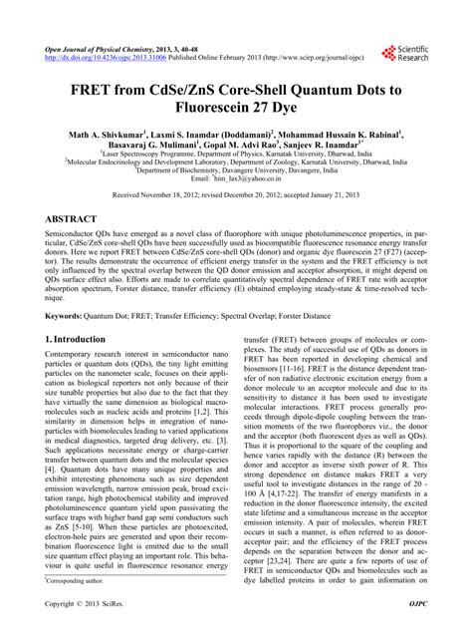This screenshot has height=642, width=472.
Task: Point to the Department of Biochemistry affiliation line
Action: click(x=235, y=170)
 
